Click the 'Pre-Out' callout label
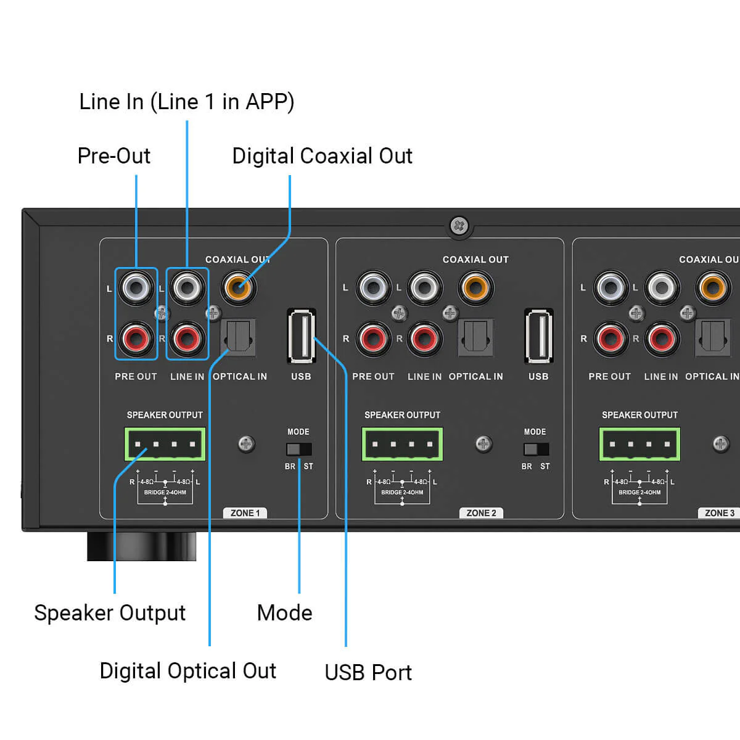[x=114, y=156]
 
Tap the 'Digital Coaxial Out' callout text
[x=322, y=156]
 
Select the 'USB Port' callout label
[x=368, y=672]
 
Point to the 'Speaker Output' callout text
[x=110, y=613]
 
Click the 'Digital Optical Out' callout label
[x=188, y=671]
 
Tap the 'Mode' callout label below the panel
[x=284, y=613]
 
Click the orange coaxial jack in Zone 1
[x=238, y=286]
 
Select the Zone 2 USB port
[x=538, y=336]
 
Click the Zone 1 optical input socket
[x=238, y=337]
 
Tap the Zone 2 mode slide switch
[x=535, y=449]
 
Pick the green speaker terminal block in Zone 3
[x=639, y=444]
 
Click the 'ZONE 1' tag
[x=245, y=513]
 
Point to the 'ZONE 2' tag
[x=481, y=513]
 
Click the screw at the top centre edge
[x=459, y=226]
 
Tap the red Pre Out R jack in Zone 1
[x=136, y=338]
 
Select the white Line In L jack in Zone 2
[x=424, y=287]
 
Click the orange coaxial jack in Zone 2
[x=475, y=287]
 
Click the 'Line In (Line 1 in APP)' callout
[x=187, y=102]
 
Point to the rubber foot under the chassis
[x=141, y=546]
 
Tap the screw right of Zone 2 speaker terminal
[x=483, y=443]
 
